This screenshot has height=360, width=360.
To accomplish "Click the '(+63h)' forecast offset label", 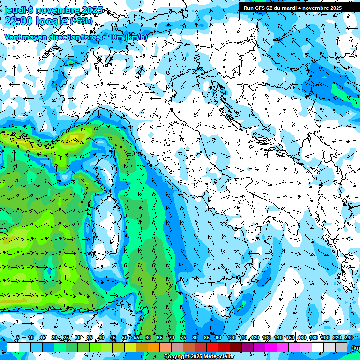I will tap(81, 21).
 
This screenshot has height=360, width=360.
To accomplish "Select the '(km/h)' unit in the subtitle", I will tap(136, 37).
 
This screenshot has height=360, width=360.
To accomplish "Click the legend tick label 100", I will tap(231, 337).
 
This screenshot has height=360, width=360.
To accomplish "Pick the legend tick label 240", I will tap(348, 337).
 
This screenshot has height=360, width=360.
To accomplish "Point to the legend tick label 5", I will tap(18, 337).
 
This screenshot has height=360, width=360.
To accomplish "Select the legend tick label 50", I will tap(125, 337).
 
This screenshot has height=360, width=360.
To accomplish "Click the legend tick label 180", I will tap(313, 337).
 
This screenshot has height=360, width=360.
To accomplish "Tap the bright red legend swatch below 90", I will tap(212, 347).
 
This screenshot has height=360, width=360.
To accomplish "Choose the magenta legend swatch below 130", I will tap(271, 347).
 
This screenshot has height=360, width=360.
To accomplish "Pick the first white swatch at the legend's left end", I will tap(13, 347).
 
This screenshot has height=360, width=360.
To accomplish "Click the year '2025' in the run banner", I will tap(335, 8).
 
